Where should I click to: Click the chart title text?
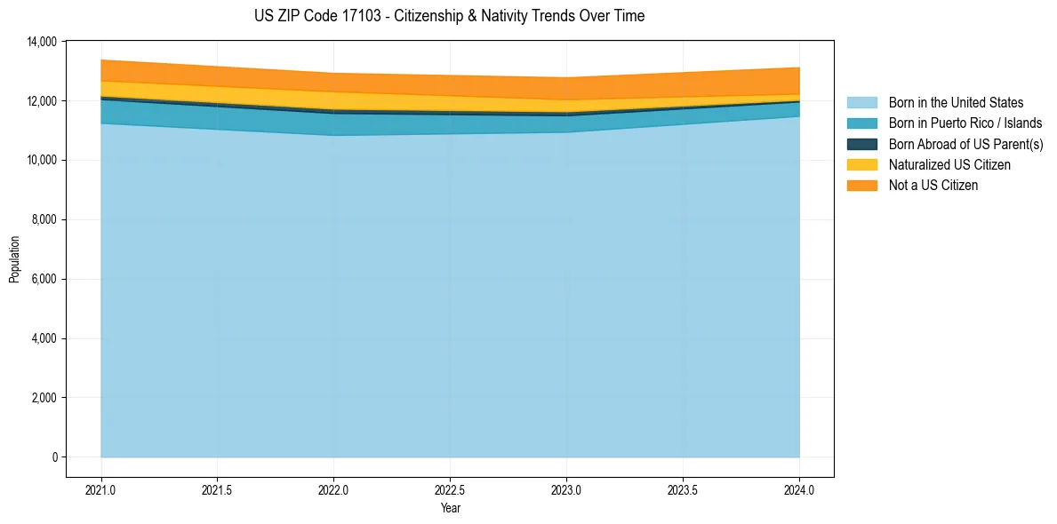[x=449, y=16]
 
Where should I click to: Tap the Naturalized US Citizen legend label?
[x=949, y=164]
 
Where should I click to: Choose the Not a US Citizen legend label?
[x=933, y=185]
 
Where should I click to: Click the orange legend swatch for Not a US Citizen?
[x=861, y=185]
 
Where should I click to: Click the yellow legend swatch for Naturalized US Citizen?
[x=861, y=164]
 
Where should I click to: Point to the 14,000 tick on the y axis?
[x=42, y=42]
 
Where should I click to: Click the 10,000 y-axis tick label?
[x=42, y=161]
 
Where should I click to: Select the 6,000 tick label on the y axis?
[x=44, y=280]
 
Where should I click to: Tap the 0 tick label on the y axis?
[x=54, y=457]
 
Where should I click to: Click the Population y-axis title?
[x=14, y=259]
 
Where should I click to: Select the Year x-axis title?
[x=450, y=508]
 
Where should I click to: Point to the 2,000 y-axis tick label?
[x=44, y=398]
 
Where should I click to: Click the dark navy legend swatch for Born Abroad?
[x=861, y=144]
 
